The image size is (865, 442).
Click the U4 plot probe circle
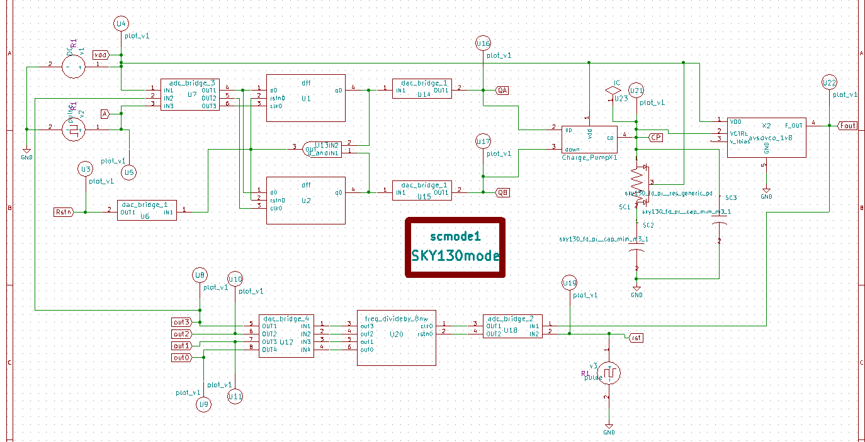coord(121,24)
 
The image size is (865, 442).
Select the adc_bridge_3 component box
coord(189,95)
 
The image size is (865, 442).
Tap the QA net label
coord(502,90)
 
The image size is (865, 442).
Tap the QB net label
coord(502,192)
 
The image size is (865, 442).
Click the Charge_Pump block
coord(589,139)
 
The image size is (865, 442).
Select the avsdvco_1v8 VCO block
coord(766,136)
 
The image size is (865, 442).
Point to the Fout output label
coord(847,126)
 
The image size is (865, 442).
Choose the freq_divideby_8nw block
coord(396,337)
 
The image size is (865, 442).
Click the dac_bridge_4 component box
coord(286,336)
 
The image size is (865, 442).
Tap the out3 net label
coord(181,323)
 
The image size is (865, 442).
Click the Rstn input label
coord(64,212)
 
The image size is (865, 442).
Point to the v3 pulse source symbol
coord(609,373)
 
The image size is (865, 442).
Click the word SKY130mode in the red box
coord(455,256)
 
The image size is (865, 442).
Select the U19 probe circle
coord(569,284)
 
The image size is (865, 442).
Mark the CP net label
coord(655,136)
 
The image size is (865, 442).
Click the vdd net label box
coord(100,55)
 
